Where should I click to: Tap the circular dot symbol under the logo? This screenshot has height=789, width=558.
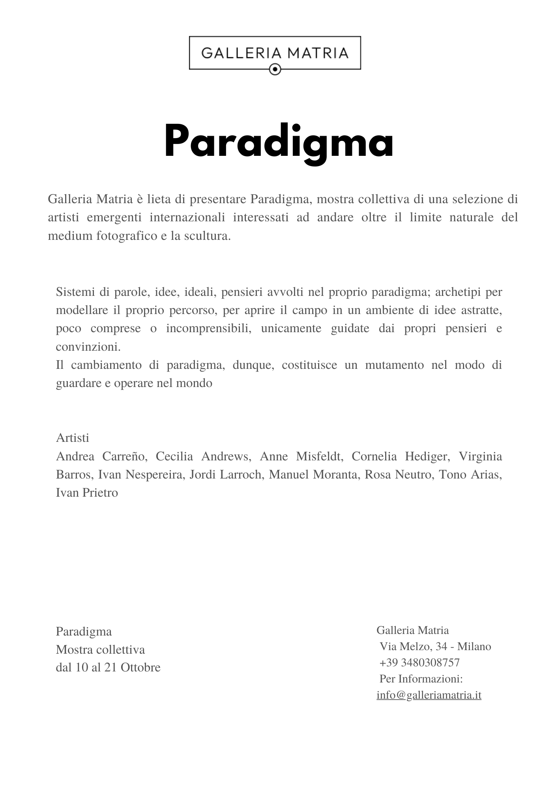275,70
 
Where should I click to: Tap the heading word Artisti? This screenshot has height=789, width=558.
73,438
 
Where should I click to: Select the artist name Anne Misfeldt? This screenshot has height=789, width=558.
300,456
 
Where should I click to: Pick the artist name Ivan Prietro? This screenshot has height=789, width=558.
87,492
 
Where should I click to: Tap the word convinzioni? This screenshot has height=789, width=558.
88,347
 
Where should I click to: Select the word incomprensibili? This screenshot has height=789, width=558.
209,328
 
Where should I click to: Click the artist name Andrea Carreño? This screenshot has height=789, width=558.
101,456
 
